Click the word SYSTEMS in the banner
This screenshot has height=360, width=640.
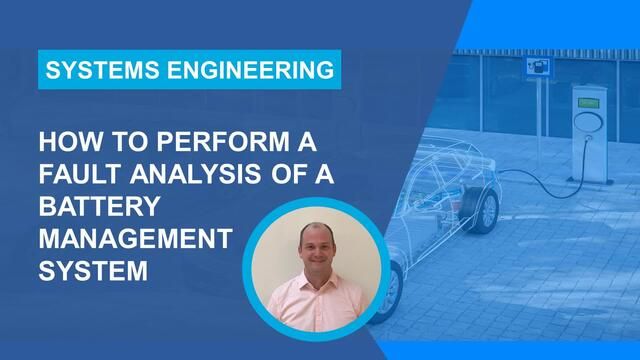102,70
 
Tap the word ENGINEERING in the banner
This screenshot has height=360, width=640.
251,70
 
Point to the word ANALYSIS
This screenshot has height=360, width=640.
196,174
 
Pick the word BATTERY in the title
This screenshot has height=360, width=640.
100,206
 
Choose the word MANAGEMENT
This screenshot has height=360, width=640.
136,238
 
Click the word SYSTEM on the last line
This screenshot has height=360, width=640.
93,271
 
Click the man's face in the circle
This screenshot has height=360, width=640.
317,248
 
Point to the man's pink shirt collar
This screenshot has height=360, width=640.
317,281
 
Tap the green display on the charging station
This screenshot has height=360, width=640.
588,103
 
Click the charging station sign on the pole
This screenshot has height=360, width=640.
539,68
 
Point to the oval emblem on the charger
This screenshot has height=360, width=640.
588,122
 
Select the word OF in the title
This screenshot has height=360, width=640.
287,174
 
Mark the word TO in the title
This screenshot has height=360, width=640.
130,142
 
